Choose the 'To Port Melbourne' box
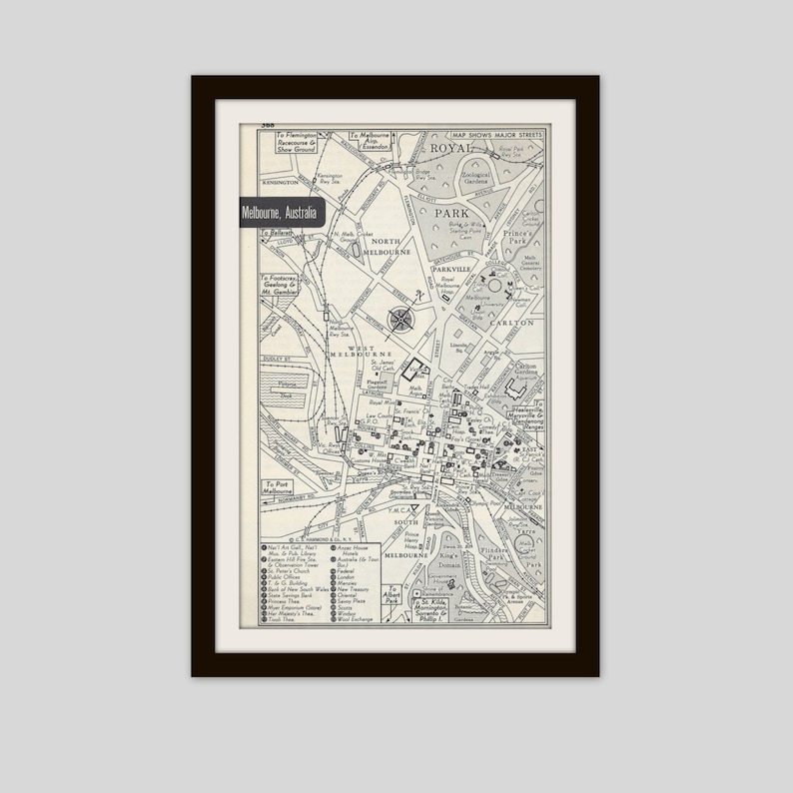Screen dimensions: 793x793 click(x=284, y=488)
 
